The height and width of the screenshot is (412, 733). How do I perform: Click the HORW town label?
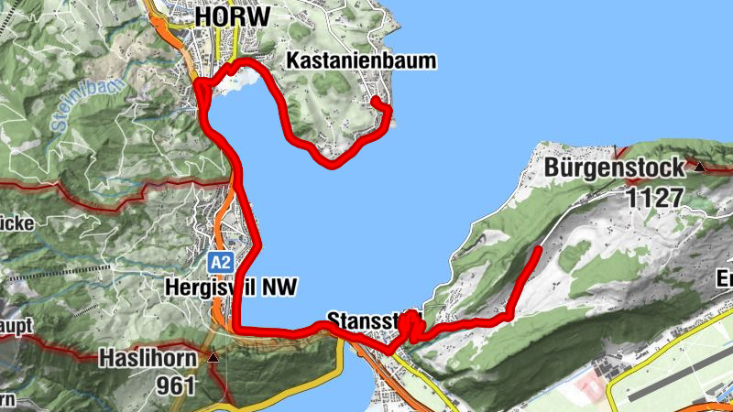(x=232, y=16)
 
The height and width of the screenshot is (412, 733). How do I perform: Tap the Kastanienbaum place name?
(x=361, y=61)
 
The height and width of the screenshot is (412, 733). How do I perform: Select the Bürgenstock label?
(x=613, y=168)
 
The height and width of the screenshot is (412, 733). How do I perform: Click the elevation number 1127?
(x=654, y=197)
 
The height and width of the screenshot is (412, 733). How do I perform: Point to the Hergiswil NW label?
(x=231, y=287)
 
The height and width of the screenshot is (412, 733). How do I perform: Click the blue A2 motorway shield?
(x=219, y=263)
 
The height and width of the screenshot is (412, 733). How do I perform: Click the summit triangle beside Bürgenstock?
(x=700, y=167)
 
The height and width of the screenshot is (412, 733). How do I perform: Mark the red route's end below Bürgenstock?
(x=538, y=248)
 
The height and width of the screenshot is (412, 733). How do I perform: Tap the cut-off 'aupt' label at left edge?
(x=16, y=326)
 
